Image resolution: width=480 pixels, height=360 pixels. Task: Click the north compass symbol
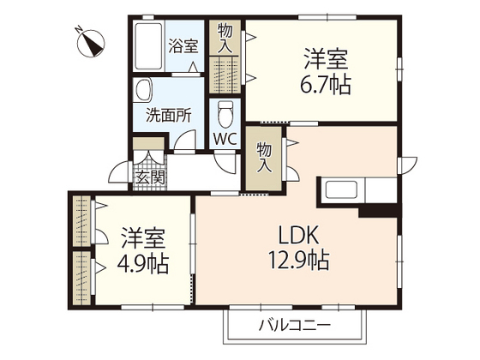(91, 43)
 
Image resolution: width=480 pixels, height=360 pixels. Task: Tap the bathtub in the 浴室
(148, 46)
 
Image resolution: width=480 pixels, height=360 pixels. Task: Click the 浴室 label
(183, 46)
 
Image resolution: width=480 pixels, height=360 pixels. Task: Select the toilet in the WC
(225, 114)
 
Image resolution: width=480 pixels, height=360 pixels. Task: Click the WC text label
(225, 139)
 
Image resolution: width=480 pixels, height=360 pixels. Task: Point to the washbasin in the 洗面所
(143, 90)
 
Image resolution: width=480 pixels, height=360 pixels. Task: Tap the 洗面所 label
(169, 116)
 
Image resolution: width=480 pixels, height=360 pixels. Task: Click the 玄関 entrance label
(150, 177)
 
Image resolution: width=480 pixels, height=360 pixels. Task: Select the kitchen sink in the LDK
(342, 189)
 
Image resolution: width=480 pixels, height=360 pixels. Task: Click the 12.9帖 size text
(299, 261)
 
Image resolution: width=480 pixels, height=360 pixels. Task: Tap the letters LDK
(299, 235)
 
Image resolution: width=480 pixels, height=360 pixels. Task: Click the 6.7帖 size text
(325, 84)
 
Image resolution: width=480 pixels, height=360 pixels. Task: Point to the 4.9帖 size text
(143, 264)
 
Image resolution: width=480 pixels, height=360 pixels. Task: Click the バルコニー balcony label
(295, 325)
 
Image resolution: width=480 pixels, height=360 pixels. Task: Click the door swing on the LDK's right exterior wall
(407, 165)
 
